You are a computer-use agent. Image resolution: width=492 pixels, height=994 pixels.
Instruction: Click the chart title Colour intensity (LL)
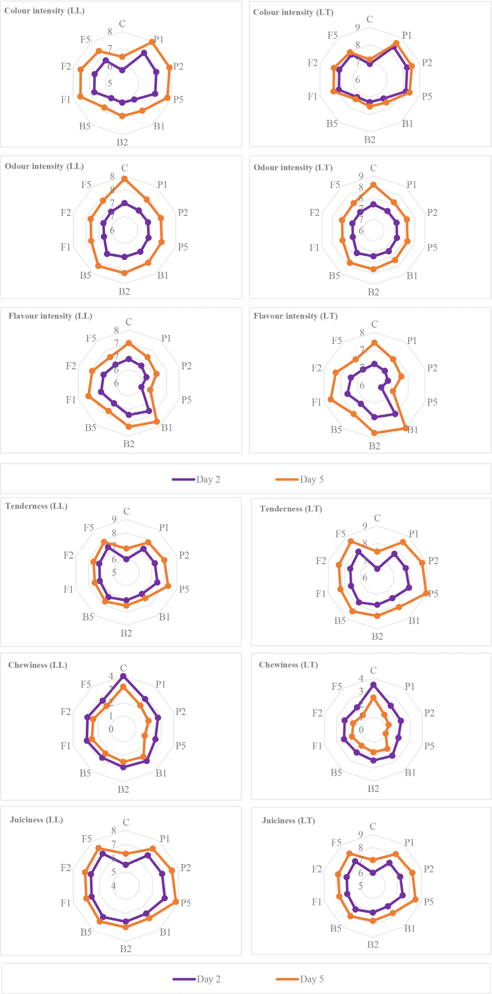(44, 11)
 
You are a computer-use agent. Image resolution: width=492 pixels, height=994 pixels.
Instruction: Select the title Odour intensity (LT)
(293, 168)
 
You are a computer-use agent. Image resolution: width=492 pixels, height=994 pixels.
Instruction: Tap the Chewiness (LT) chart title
(288, 665)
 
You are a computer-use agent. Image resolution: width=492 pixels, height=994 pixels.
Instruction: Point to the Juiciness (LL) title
(36, 820)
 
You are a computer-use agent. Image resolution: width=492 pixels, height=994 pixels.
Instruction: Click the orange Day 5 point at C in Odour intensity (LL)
(124, 179)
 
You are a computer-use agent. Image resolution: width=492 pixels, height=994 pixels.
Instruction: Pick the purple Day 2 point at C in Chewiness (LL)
(123, 676)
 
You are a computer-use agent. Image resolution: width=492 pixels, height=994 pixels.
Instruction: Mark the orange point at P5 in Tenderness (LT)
(426, 593)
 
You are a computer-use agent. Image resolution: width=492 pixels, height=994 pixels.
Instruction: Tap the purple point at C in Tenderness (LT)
(377, 569)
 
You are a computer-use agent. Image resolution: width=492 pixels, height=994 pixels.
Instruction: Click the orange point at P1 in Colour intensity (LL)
(152, 42)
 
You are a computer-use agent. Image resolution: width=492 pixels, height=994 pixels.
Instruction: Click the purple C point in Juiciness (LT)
(373, 873)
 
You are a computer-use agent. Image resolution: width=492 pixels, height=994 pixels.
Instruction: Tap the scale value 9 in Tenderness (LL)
(114, 519)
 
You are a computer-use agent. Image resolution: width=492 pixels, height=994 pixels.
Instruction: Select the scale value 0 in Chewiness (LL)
(111, 729)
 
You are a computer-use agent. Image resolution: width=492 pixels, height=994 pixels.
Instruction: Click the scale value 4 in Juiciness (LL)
(114, 886)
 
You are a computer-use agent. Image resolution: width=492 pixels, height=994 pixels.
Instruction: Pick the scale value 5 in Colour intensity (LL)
(110, 83)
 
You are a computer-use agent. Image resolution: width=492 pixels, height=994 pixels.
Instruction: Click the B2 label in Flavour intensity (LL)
(129, 444)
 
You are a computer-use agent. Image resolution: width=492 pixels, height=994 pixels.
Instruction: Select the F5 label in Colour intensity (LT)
(333, 36)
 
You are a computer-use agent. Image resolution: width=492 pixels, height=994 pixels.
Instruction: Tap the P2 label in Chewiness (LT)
(429, 713)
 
